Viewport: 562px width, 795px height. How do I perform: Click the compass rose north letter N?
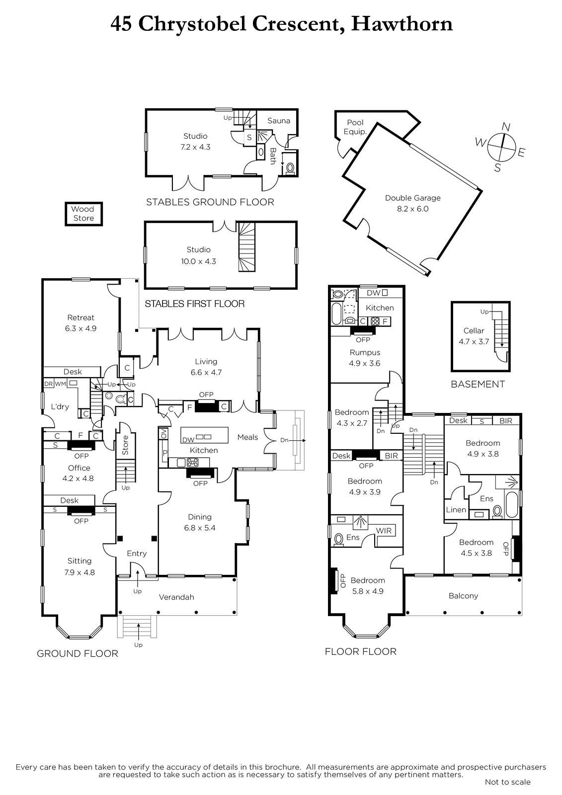coord(506,127)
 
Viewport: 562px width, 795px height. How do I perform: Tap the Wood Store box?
coord(84,214)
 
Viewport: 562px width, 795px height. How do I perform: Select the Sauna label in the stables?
coord(279,121)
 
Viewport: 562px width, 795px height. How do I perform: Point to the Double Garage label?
coord(412,198)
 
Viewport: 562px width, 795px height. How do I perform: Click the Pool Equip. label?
coord(355,127)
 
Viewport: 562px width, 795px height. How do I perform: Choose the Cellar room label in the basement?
coord(474,331)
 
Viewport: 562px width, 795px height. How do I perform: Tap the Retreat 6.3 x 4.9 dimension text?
coord(80,328)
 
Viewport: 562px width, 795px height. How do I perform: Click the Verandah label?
coord(176,597)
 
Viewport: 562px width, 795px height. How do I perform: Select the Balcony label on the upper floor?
coord(463,596)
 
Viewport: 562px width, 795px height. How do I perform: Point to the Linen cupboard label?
coord(456,510)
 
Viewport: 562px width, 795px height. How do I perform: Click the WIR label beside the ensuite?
coord(384,531)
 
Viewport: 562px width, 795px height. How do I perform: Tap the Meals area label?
coord(247,437)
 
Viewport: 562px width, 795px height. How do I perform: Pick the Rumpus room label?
coord(365,352)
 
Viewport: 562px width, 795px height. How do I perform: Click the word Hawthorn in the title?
coord(402,24)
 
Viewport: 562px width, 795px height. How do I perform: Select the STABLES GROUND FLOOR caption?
coord(210,202)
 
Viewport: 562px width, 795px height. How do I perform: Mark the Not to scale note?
coord(508,782)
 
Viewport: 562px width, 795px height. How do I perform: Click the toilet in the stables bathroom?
coord(290,167)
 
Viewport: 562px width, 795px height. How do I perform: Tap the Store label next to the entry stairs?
coord(125,445)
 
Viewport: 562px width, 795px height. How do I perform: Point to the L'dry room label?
coord(60,407)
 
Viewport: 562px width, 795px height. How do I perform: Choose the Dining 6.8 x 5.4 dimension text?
coord(200,528)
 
